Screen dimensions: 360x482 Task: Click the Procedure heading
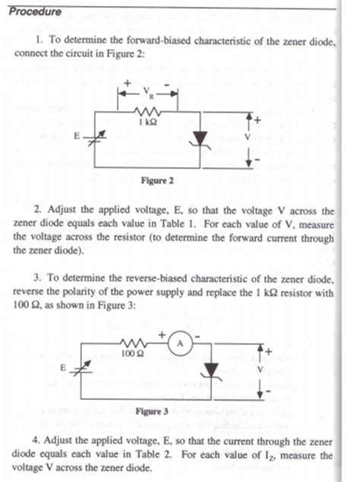click(35, 11)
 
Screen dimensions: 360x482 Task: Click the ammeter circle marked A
click(180, 344)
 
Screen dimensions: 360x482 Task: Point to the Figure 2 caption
click(157, 180)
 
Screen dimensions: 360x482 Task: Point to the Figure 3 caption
click(152, 411)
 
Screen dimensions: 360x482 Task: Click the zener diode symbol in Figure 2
click(201, 139)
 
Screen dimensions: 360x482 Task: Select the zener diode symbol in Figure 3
click(211, 371)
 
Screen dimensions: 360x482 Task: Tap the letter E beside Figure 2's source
click(77, 135)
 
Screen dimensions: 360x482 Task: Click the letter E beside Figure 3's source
click(63, 367)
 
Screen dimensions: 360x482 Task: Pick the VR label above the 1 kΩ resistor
click(148, 91)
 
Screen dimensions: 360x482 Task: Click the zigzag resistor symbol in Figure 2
click(147, 112)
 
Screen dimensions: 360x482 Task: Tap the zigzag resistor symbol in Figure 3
click(134, 343)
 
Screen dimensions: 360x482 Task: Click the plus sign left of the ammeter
click(162, 335)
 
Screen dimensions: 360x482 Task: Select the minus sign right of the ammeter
click(197, 337)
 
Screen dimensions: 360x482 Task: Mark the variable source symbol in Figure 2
click(95, 138)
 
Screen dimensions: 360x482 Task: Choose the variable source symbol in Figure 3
click(81, 369)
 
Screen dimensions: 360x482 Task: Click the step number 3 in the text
click(36, 278)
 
